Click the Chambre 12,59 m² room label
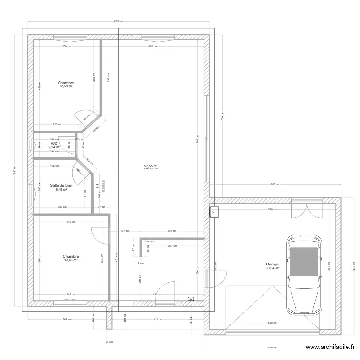point(66,84)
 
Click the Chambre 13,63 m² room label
point(70,258)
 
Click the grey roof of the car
point(303,262)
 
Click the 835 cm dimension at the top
point(119,21)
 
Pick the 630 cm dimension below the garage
point(272,348)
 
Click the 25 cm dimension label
point(109,342)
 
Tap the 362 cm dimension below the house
point(67,319)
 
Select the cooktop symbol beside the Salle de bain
point(101,183)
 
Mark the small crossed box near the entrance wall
point(192,298)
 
